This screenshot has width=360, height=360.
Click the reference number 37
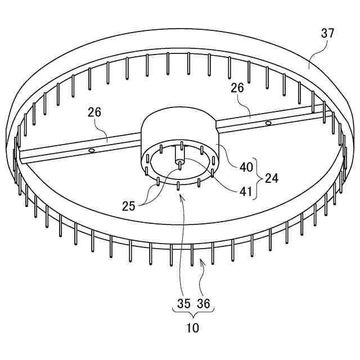point(328,33)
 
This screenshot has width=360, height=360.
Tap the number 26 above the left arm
point(94,112)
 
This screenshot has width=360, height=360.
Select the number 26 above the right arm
point(237,88)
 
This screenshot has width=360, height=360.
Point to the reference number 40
point(246,167)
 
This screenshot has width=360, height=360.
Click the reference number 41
point(246,191)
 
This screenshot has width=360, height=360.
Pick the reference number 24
point(272,179)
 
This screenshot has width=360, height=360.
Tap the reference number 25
point(129,206)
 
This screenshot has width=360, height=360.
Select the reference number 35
point(184,304)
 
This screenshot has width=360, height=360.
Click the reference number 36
point(204,304)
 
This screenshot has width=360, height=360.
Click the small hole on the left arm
point(91,150)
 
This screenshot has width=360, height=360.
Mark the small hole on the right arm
point(269,122)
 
